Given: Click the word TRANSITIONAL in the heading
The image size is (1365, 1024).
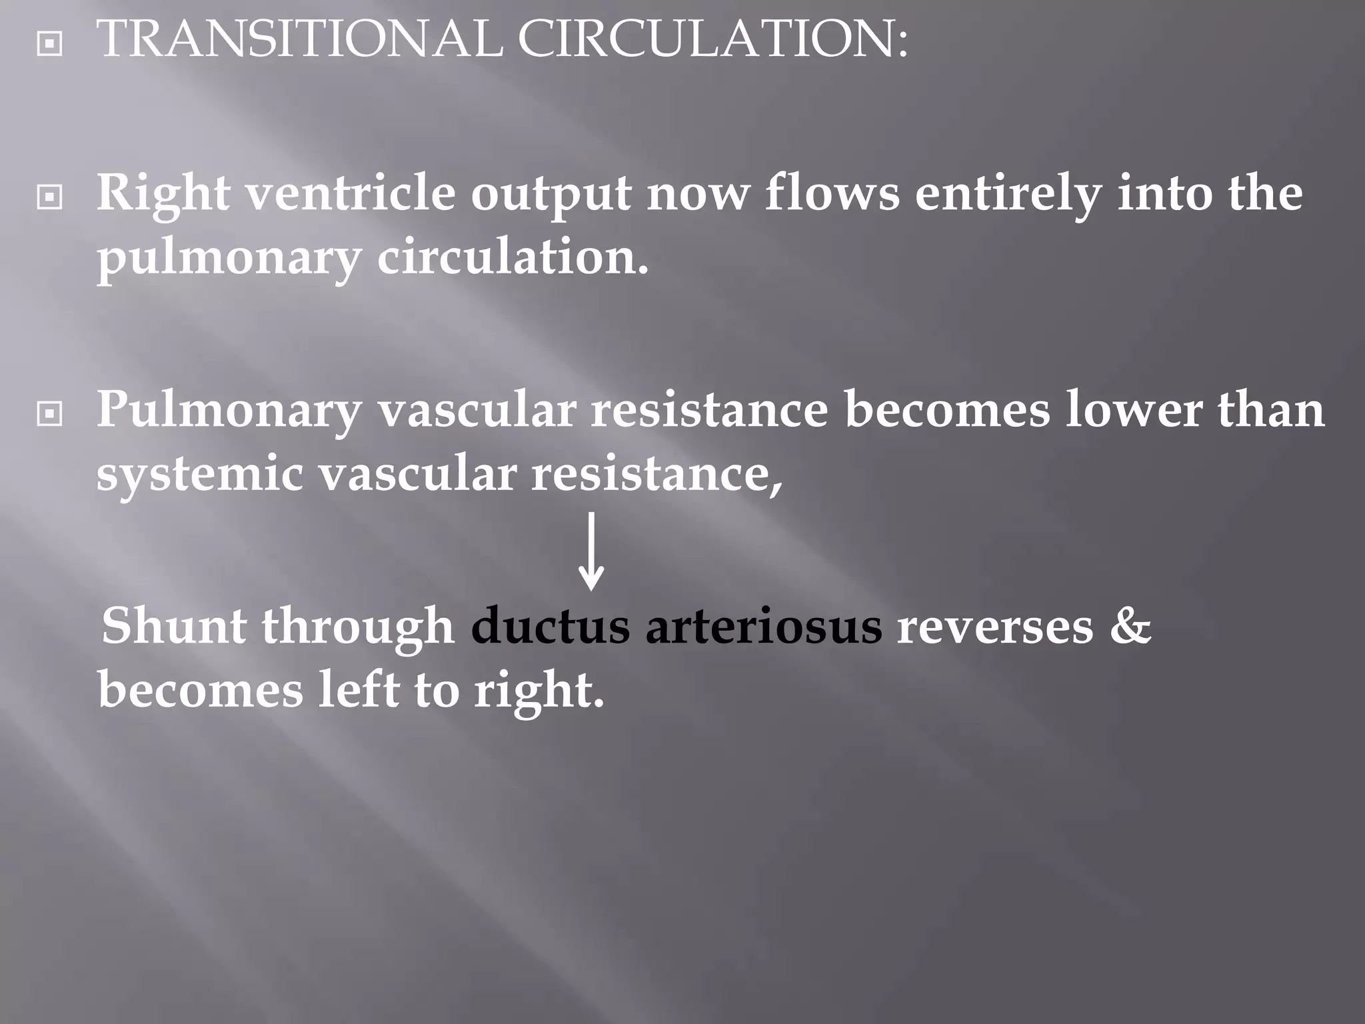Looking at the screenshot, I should (299, 39).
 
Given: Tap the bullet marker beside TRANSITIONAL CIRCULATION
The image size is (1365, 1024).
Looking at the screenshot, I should (50, 45).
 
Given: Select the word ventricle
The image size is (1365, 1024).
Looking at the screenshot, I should (351, 194).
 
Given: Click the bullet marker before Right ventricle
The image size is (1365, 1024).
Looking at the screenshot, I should (50, 197).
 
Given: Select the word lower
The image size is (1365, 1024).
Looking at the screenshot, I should (1134, 411).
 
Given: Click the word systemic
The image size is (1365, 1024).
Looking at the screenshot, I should (199, 475).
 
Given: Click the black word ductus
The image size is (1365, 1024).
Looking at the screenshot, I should (550, 627).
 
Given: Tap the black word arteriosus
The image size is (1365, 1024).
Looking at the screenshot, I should (763, 627).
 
